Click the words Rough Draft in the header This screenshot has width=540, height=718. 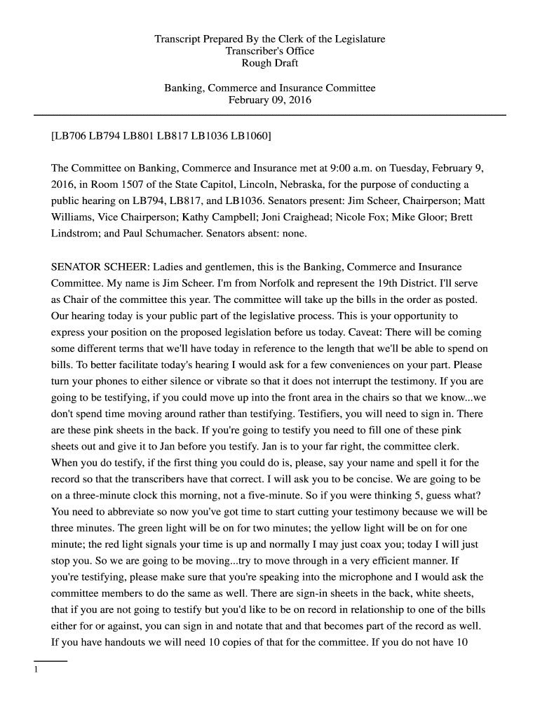[x=270, y=63]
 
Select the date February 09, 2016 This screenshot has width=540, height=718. [x=270, y=100]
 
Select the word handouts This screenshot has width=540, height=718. [x=112, y=642]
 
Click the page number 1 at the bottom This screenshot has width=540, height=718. [x=35, y=670]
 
